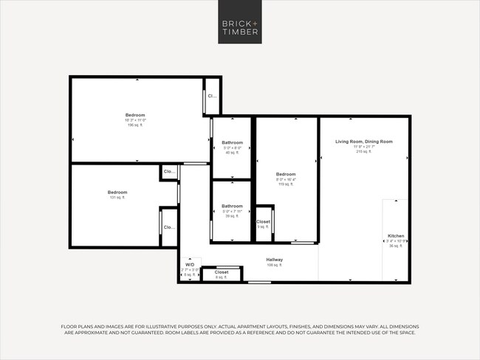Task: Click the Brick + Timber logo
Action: [x=239, y=27]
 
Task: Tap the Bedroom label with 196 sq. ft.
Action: [x=135, y=115]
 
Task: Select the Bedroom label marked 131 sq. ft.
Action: [x=117, y=193]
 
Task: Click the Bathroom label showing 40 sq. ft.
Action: [x=233, y=142]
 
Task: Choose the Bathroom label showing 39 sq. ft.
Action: [x=233, y=207]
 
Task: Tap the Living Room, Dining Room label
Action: [x=363, y=141]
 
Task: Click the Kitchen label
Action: [x=396, y=236]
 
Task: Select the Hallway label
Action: [x=275, y=260]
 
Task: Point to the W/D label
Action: [x=190, y=264]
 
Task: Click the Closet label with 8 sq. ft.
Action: [x=222, y=272]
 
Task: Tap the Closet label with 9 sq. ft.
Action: [x=263, y=221]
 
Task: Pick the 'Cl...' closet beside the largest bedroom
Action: [x=212, y=96]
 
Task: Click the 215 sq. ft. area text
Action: [x=363, y=151]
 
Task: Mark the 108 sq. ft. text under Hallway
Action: [x=275, y=266]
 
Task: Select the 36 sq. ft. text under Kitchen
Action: [x=396, y=245]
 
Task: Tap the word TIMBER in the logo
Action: [x=239, y=32]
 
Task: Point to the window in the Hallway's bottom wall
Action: [x=258, y=282]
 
